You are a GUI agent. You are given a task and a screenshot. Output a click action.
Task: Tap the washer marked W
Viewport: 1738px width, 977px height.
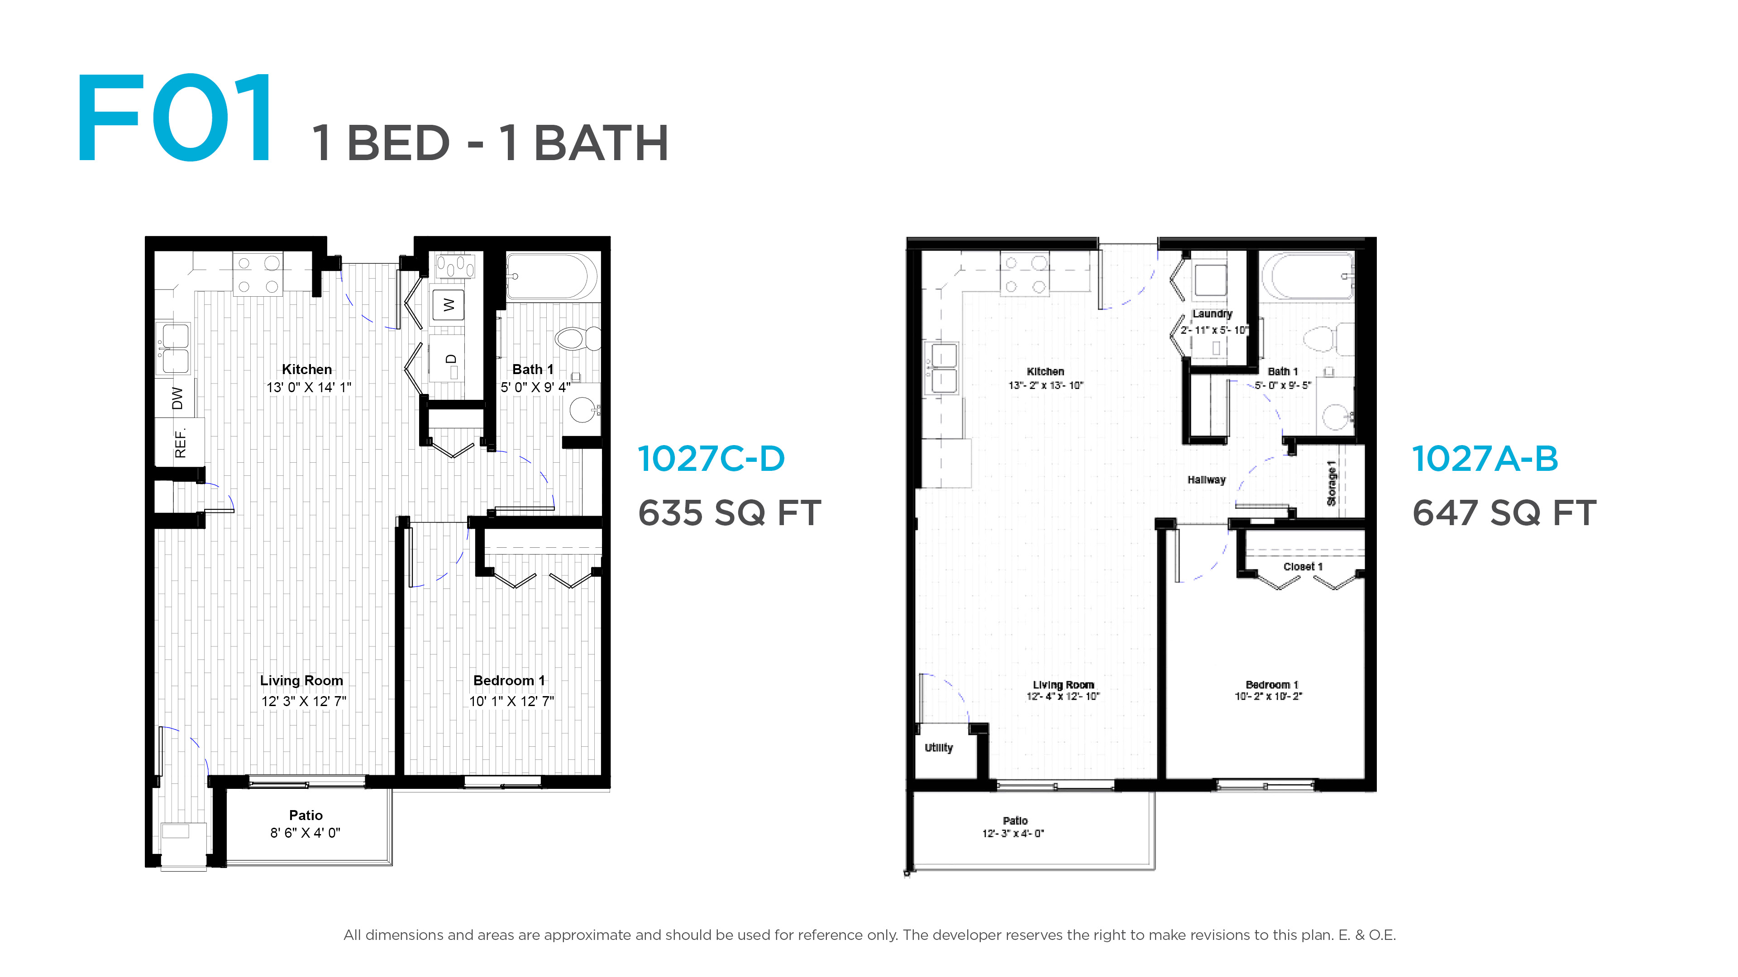[x=448, y=305]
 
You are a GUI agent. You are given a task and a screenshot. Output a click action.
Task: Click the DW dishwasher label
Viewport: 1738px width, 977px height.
[x=177, y=398]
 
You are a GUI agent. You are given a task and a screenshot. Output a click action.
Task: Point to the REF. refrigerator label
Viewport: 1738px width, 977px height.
[x=180, y=443]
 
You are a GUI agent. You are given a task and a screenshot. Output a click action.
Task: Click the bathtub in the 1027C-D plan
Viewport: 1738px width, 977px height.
[x=551, y=276]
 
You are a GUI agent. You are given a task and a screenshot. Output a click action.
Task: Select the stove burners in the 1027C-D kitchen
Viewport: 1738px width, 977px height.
[x=258, y=274]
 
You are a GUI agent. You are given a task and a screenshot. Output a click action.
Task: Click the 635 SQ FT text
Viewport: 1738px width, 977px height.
[x=729, y=512]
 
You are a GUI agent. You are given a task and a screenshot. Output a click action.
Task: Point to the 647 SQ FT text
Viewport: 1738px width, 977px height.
[x=1504, y=512]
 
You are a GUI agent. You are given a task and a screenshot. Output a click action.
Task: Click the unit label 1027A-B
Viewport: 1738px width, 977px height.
[x=1485, y=459]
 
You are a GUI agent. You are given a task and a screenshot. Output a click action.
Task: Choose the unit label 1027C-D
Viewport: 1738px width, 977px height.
[x=711, y=459]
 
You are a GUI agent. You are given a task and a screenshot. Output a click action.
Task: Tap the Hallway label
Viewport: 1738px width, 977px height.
[x=1206, y=480]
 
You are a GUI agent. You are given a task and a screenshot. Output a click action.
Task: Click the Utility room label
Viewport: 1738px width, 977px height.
[x=939, y=747]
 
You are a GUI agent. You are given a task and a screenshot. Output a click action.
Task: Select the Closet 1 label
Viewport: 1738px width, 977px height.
[x=1303, y=566]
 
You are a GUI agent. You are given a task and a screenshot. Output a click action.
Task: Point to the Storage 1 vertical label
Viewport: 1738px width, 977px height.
[x=1331, y=483]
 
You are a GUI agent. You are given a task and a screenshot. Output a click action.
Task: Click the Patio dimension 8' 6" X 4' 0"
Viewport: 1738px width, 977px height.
[x=306, y=833]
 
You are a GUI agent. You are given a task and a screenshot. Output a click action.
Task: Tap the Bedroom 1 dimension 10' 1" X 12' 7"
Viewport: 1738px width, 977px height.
[x=511, y=701]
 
